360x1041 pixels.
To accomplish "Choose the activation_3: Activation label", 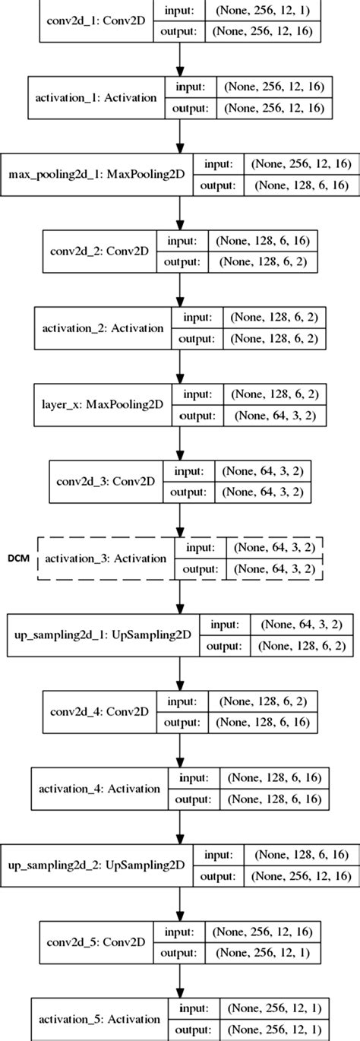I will [x=106, y=558].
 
